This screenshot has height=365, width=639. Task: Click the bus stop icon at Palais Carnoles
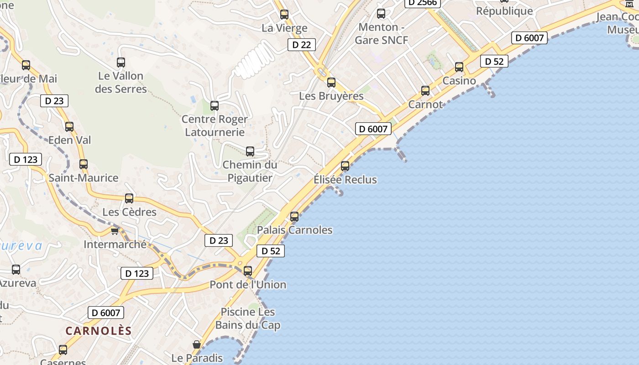(294, 217)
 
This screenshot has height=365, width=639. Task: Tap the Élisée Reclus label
(345, 180)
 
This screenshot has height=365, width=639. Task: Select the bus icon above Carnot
(425, 91)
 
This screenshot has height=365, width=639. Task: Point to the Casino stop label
(459, 81)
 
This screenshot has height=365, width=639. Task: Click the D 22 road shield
(302, 45)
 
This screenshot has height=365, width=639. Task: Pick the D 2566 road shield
(423, 3)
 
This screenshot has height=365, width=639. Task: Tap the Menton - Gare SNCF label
(381, 34)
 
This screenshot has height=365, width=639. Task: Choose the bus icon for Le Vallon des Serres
(121, 63)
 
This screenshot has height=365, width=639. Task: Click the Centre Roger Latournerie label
(214, 125)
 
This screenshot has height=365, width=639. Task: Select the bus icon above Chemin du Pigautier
(250, 151)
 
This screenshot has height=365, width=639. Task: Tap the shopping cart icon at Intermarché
(115, 231)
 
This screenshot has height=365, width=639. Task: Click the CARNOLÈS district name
(99, 331)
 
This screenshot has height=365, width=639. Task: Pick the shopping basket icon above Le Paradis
(197, 344)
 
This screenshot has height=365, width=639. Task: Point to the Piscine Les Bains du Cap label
(248, 318)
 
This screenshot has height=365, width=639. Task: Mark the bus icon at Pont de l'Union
(248, 271)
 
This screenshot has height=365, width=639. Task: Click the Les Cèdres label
(129, 212)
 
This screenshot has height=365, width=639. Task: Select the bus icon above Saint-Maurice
(84, 164)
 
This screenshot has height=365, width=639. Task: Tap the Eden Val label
(69, 140)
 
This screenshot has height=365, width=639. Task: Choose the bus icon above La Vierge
(284, 15)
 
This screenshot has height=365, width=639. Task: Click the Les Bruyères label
(331, 96)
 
